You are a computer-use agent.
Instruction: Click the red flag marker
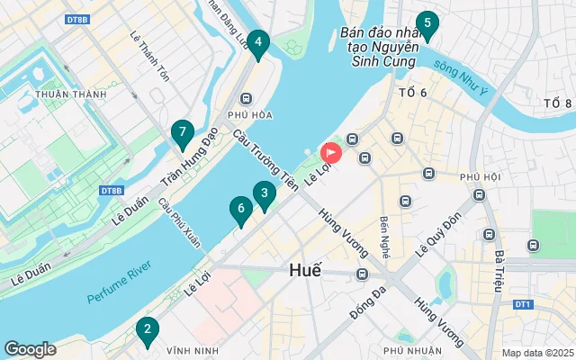pos(330,154)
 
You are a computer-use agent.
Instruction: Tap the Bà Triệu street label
pos(498,271)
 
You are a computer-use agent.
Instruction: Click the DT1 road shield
pos(523,305)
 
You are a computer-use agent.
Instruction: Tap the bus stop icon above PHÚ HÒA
pos(245,99)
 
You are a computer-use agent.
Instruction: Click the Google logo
pos(30,349)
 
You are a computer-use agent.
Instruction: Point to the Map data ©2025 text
pos(536,352)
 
